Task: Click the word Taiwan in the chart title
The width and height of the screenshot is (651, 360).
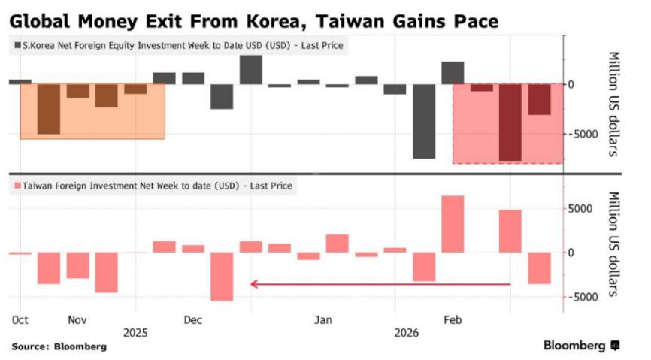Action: (x=322, y=17)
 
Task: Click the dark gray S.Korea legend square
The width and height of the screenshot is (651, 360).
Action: (x=18, y=46)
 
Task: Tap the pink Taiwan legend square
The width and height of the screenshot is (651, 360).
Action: (x=18, y=185)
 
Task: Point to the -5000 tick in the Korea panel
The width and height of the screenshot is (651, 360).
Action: (x=580, y=134)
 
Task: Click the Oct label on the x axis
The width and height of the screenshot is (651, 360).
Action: (x=20, y=319)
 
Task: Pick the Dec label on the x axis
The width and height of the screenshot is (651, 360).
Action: (x=193, y=319)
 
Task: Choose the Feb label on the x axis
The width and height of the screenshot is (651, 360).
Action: (x=453, y=319)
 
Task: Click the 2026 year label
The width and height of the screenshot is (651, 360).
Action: (x=407, y=332)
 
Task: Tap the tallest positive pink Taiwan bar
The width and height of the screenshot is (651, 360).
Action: (x=453, y=224)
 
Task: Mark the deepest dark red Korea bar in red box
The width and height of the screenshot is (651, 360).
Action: (x=510, y=122)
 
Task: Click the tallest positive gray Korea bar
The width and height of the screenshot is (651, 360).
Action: (x=250, y=69)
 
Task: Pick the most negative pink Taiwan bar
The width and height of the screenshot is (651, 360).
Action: (x=222, y=276)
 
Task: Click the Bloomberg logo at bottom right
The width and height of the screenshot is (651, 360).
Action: (x=581, y=346)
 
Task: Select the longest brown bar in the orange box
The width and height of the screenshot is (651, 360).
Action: (x=49, y=109)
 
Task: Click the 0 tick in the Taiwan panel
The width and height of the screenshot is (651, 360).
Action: (x=572, y=252)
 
